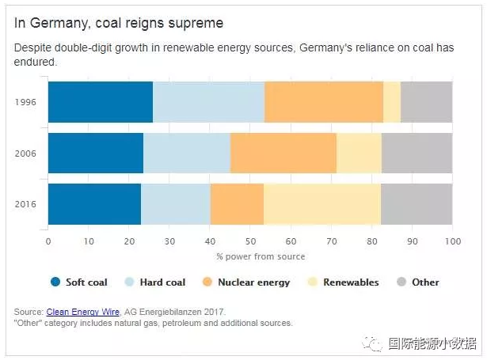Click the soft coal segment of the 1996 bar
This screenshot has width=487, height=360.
pyautogui.click(x=100, y=101)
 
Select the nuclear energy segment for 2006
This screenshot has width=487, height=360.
pyautogui.click(x=283, y=153)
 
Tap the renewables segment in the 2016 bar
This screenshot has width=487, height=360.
pyautogui.click(x=321, y=204)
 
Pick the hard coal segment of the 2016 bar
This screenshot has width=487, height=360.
pyautogui.click(x=175, y=204)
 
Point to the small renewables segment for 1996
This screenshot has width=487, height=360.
pyautogui.click(x=391, y=101)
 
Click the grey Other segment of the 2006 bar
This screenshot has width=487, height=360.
pyautogui.click(x=417, y=153)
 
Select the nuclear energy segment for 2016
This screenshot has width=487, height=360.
pyautogui.click(x=237, y=204)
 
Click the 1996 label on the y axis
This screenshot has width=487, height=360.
pyautogui.click(x=25, y=102)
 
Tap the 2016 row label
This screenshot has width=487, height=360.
pyautogui.click(x=25, y=205)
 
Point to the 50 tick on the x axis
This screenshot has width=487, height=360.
pyautogui.click(x=250, y=241)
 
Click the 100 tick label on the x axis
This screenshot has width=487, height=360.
pyautogui.click(x=451, y=241)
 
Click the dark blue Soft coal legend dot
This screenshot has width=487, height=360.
pyautogui.click(x=55, y=282)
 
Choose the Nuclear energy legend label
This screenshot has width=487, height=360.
pyautogui.click(x=253, y=282)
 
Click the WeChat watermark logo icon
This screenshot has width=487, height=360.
pyautogui.click(x=371, y=343)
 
